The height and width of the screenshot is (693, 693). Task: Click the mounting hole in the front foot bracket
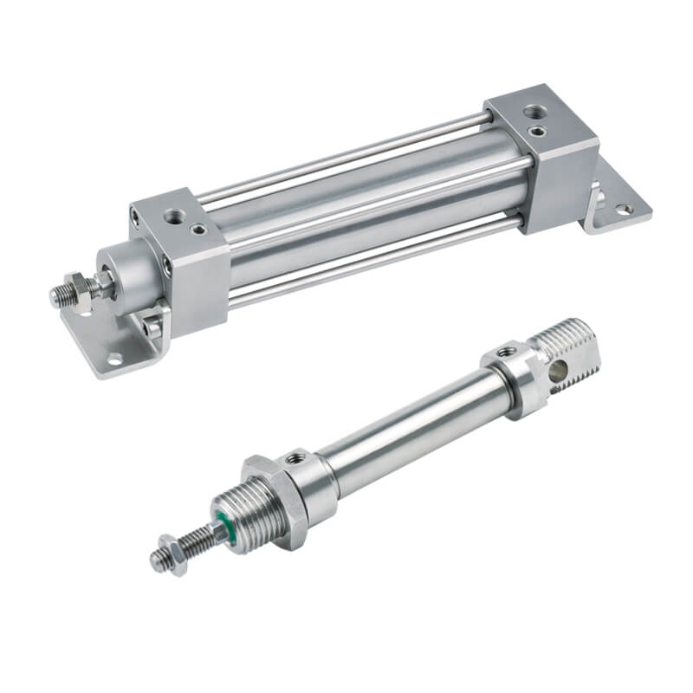pos(113,358)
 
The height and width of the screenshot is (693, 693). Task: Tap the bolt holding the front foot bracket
pos(153,327)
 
